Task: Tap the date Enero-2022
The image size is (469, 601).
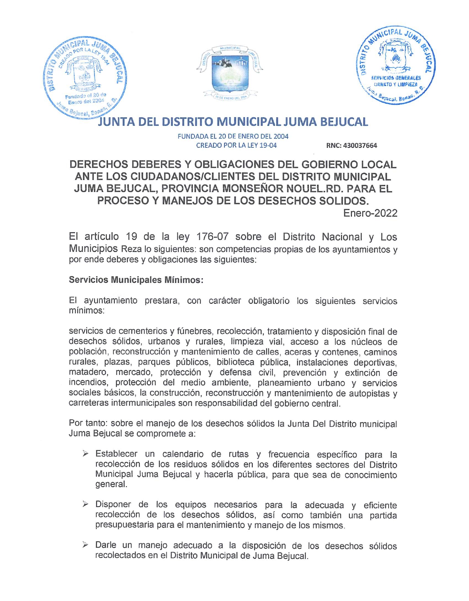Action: (370, 213)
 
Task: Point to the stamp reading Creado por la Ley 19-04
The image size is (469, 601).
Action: (85, 76)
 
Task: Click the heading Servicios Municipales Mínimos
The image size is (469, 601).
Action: (136, 280)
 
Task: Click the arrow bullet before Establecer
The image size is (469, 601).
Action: (86, 454)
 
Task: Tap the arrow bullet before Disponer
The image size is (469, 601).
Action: (86, 504)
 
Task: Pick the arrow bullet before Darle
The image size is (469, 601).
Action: (86, 545)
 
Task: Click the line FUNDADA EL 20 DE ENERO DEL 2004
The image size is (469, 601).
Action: (233, 136)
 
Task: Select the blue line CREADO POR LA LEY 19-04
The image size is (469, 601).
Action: (236, 145)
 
